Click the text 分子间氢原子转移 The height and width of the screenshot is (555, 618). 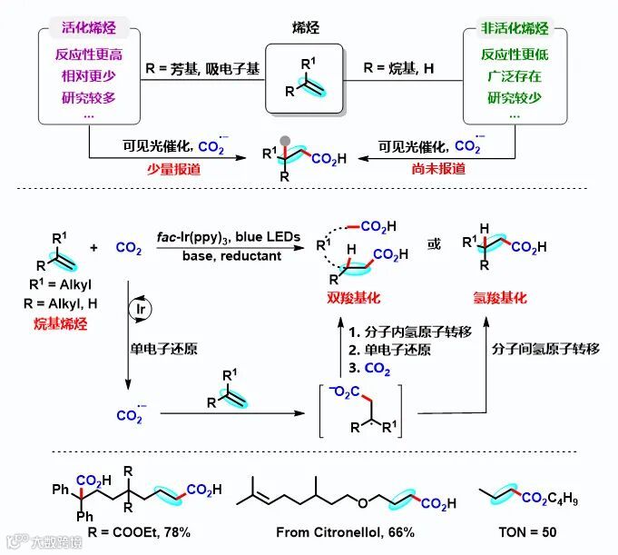point(545,350)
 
